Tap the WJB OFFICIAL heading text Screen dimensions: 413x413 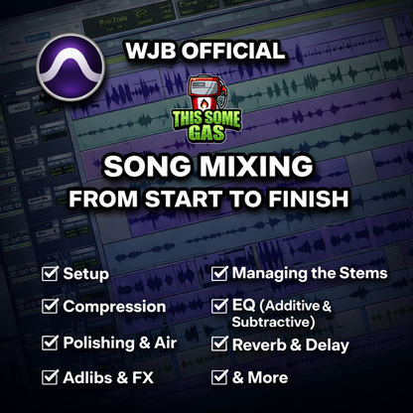pyautogui.click(x=206, y=51)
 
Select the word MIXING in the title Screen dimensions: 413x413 pyautogui.click(x=277, y=166)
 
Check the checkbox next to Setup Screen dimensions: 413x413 pyautogui.click(x=49, y=272)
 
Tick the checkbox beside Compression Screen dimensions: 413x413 pyautogui.click(x=49, y=307)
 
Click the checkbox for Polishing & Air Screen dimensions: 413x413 pyautogui.click(x=49, y=342)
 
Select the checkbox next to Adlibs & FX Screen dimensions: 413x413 pyautogui.click(x=49, y=377)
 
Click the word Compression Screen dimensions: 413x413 pyautogui.click(x=114, y=307)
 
